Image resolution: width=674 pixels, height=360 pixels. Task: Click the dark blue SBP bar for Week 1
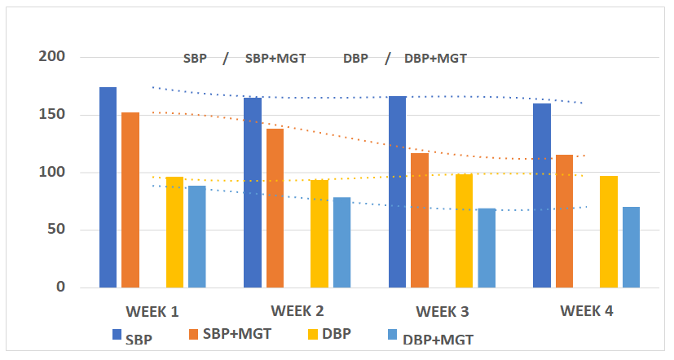[108, 187]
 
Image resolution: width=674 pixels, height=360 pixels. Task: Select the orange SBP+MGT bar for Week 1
[130, 200]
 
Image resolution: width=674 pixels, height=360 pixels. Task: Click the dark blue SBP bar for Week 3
[397, 191]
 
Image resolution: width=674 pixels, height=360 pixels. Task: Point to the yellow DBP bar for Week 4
[609, 231]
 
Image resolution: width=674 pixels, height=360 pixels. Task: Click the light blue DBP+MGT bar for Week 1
[197, 236]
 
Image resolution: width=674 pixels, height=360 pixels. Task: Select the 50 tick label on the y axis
[56, 230]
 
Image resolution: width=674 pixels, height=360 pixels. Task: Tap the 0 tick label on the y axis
[60, 288]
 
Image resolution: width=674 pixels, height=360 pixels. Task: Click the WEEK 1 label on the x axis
[152, 312]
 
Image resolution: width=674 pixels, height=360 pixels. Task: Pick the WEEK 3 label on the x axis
[442, 312]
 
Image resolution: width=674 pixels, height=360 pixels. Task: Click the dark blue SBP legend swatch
[117, 334]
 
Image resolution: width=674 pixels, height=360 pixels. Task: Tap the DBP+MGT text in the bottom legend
[438, 339]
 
